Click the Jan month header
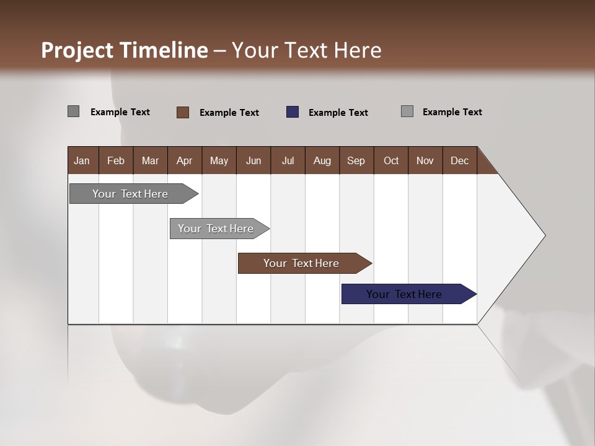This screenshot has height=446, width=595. click(x=82, y=160)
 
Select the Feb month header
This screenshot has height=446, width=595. click(x=116, y=160)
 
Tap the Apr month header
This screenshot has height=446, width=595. click(x=185, y=160)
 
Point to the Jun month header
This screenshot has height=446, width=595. click(x=253, y=160)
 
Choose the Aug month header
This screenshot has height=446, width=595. click(x=322, y=160)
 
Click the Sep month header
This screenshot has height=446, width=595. click(x=356, y=160)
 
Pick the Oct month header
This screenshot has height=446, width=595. click(x=391, y=160)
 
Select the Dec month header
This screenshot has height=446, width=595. click(x=460, y=160)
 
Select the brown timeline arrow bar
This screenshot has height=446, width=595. click(x=302, y=263)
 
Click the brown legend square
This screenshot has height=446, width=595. click(x=183, y=112)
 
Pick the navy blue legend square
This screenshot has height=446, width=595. click(x=293, y=112)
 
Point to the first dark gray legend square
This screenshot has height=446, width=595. click(x=74, y=111)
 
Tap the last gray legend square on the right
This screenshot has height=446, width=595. click(x=407, y=111)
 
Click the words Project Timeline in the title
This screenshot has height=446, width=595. click(x=124, y=50)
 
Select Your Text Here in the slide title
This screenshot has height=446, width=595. click(x=307, y=50)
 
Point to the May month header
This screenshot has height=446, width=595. click(x=219, y=160)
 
